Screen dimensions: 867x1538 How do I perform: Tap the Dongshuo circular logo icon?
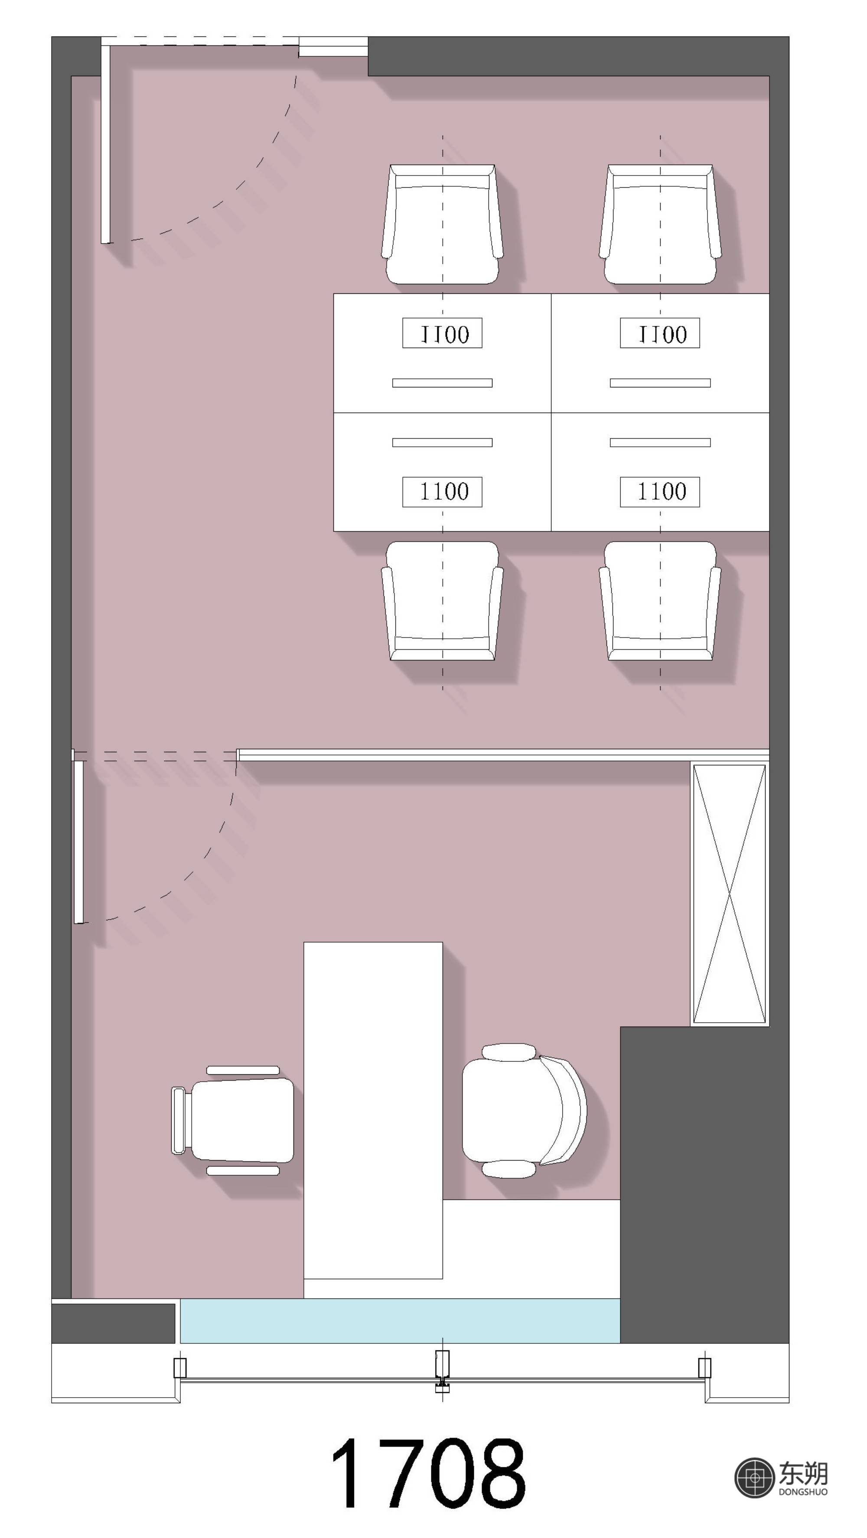coord(755,1478)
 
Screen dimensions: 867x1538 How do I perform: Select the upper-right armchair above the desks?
coord(660,224)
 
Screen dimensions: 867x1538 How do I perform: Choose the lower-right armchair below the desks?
coord(660,601)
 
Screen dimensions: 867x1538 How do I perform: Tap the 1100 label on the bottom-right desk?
coord(660,492)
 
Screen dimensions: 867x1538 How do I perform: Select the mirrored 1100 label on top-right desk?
coord(660,333)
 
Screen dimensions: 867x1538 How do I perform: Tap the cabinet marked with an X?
coord(729,894)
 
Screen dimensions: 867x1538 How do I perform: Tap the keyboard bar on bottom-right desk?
coord(660,442)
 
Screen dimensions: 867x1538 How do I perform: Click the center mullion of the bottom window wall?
coord(442,1371)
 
